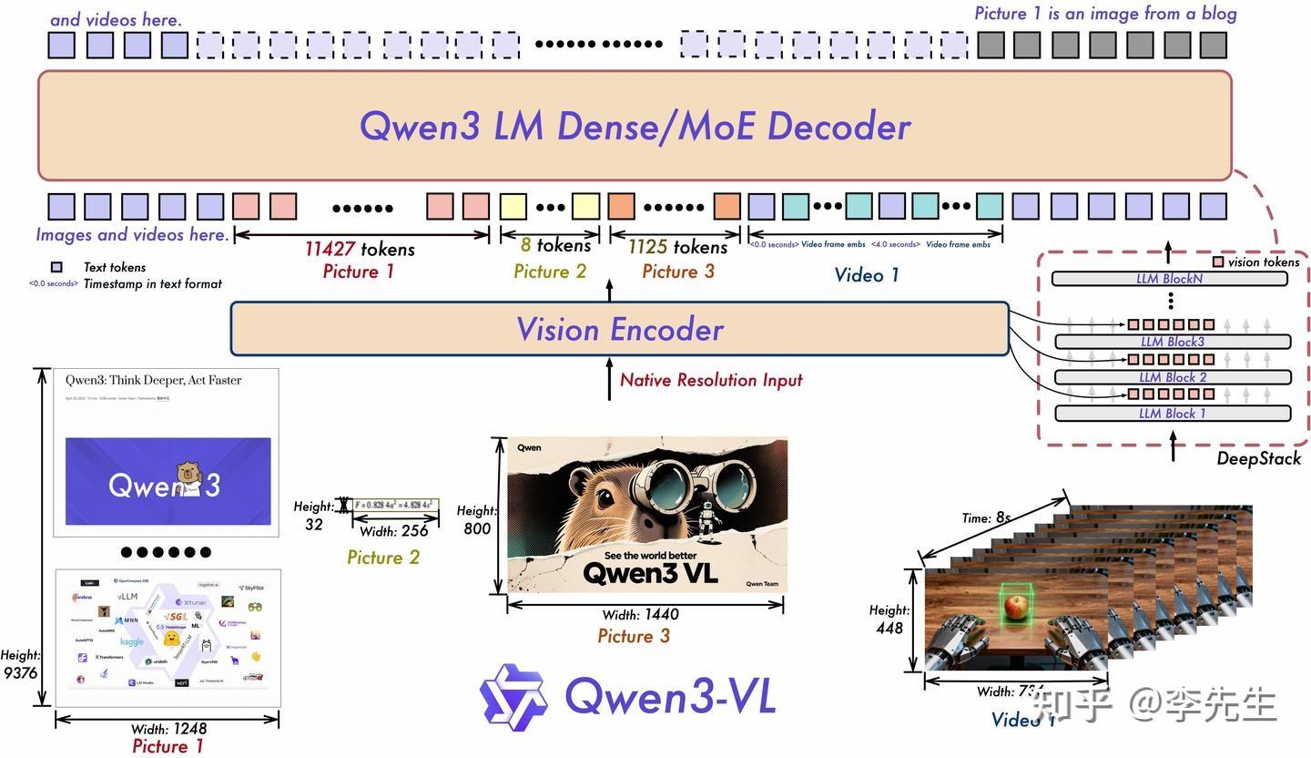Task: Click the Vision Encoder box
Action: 619,329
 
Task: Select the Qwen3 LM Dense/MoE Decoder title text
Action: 635,126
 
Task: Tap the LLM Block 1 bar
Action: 1172,414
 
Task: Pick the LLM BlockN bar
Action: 1169,279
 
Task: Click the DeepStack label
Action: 1258,458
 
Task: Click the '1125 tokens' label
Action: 677,247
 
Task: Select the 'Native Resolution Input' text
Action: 711,380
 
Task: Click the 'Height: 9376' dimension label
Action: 19,664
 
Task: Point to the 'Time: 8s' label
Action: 986,517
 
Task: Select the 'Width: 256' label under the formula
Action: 394,531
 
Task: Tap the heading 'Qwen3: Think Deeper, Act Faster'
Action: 153,380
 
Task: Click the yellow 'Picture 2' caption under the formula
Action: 383,557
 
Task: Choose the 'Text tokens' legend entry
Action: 114,267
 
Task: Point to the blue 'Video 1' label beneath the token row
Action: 866,274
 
